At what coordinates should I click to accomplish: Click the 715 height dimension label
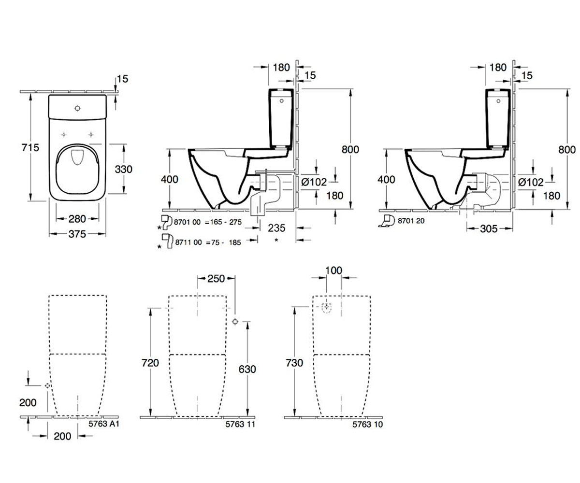click(x=30, y=147)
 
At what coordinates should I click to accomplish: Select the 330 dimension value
click(x=124, y=169)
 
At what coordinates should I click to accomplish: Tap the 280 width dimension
click(x=77, y=219)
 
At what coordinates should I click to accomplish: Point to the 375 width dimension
click(x=77, y=234)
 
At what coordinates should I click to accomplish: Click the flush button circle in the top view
click(x=77, y=108)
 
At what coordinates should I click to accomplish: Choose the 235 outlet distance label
click(x=276, y=228)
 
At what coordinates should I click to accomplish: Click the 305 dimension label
click(x=488, y=229)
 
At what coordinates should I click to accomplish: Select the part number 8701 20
click(x=411, y=221)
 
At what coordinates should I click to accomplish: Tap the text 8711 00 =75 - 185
click(x=208, y=242)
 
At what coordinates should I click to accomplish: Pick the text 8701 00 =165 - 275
click(x=208, y=222)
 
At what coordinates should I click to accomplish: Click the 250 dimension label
click(x=216, y=278)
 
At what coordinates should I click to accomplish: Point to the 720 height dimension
click(x=150, y=363)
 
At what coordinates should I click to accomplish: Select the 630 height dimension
click(x=247, y=369)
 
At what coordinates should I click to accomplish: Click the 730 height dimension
click(x=294, y=363)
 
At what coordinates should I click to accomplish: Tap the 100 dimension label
click(x=333, y=270)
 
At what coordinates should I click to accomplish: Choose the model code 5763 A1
click(x=104, y=424)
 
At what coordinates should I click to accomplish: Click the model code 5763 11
click(x=240, y=424)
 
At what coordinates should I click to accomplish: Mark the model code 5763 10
click(x=367, y=425)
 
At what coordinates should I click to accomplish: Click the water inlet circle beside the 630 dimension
click(x=235, y=322)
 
